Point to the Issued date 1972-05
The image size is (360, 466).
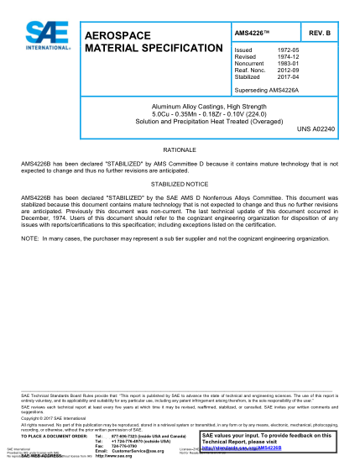pyautogui.click(x=287, y=50)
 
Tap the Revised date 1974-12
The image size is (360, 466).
pyautogui.click(x=287, y=57)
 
